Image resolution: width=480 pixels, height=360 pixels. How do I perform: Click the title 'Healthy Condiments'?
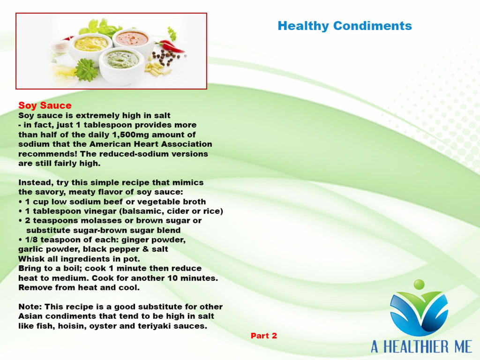345,26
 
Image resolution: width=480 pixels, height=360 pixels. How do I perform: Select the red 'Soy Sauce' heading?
45,105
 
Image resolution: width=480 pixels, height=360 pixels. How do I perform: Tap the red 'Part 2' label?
264,336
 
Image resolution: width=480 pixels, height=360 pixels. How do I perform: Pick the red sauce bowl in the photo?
133,41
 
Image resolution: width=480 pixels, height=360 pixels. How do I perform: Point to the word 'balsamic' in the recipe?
142,211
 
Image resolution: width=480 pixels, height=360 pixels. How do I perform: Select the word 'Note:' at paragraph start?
30,307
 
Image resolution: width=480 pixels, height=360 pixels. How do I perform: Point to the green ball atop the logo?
419,285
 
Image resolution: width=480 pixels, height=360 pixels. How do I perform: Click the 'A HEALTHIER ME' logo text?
421,347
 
